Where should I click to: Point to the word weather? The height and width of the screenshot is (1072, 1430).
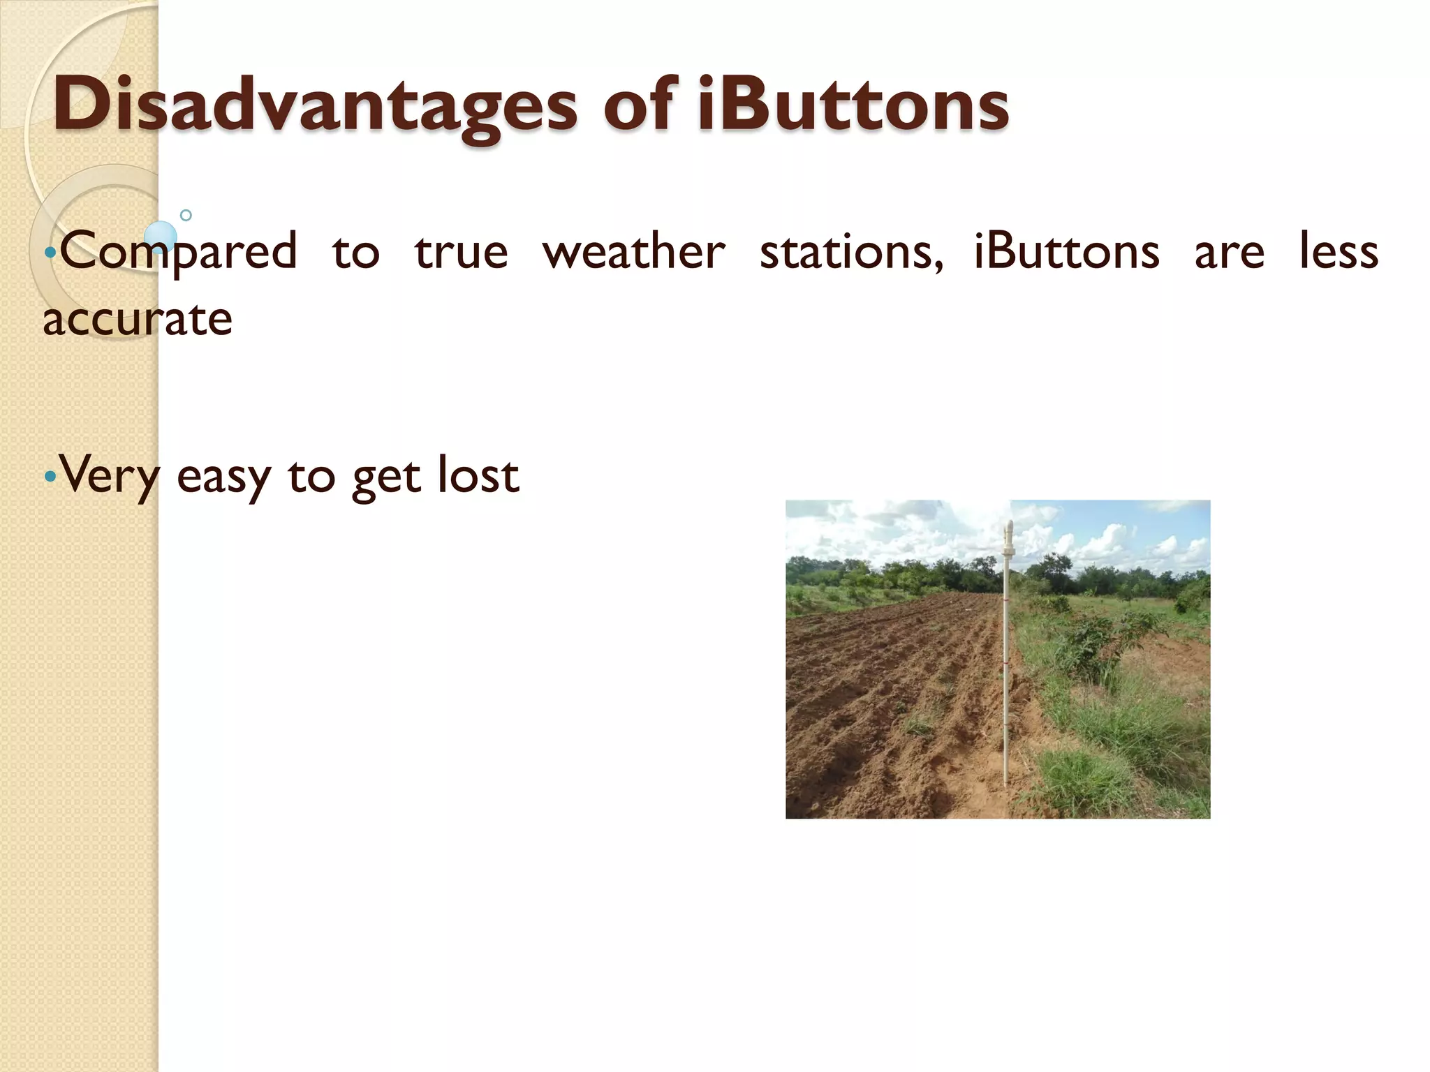tap(634, 253)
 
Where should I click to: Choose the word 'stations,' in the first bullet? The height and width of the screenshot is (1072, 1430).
tap(851, 253)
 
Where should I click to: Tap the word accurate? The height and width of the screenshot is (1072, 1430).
tap(138, 320)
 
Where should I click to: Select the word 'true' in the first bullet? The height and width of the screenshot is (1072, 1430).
tap(461, 253)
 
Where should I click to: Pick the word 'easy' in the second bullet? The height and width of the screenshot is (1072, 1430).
tap(223, 477)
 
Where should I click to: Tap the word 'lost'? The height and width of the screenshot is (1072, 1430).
tap(478, 475)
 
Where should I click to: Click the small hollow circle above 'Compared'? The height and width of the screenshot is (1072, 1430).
tap(186, 215)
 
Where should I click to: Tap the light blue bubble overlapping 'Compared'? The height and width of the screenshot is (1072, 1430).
tap(161, 237)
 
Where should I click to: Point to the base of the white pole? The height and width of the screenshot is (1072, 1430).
tap(1005, 783)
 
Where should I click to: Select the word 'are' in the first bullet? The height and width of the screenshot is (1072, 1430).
tap(1229, 253)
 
